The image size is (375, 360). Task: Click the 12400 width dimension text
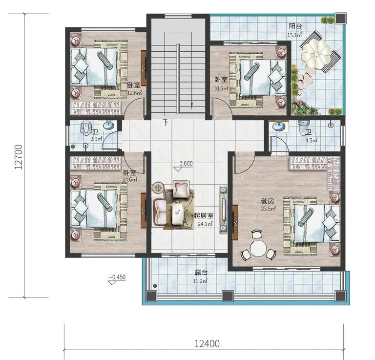click(207, 344)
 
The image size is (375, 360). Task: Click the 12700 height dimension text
click(19, 157)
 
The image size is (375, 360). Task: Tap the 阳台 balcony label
click(295, 26)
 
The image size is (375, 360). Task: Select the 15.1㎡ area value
click(294, 35)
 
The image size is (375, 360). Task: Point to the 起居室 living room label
click(204, 216)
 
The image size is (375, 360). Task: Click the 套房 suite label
click(268, 201)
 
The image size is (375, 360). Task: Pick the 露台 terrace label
click(201, 272)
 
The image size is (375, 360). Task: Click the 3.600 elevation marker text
click(186, 164)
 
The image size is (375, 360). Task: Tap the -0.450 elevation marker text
click(117, 277)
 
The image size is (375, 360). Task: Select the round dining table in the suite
click(258, 249)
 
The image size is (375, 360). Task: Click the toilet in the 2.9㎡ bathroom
click(85, 128)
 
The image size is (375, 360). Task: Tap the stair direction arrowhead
click(191, 105)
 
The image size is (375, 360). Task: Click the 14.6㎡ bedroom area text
click(129, 179)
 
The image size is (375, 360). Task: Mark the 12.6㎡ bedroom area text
click(135, 93)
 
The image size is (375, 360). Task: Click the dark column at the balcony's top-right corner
click(340, 18)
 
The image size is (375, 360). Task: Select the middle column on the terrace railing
click(228, 296)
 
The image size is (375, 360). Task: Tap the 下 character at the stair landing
click(165, 123)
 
